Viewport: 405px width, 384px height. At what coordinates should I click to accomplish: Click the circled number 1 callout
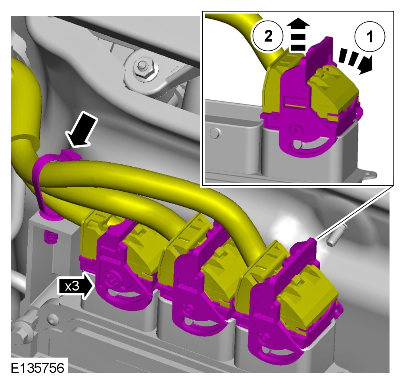[370, 36]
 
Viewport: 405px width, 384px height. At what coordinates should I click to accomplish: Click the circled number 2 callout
[268, 36]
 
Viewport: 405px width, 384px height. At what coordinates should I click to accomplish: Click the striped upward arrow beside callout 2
[298, 34]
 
